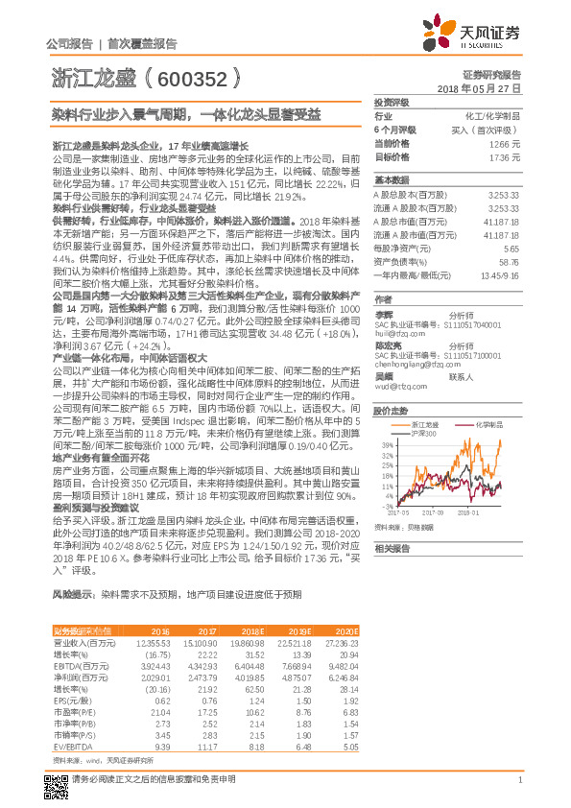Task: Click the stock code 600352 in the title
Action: (x=201, y=78)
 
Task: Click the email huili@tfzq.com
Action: (x=399, y=310)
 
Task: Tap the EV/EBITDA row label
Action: (x=69, y=745)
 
